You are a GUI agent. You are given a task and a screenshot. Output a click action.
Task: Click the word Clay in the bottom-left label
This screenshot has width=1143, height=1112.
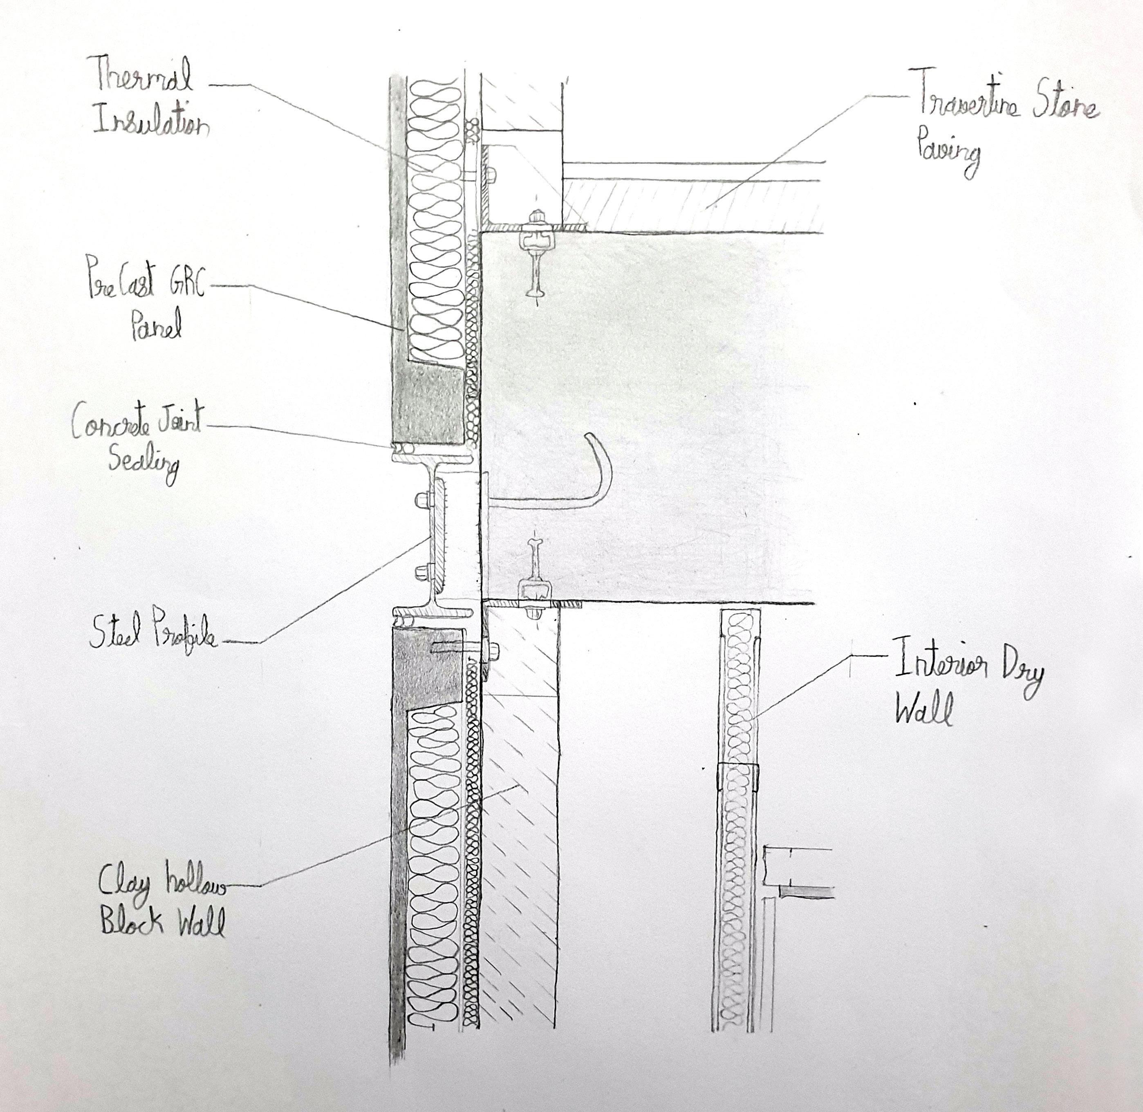(124, 882)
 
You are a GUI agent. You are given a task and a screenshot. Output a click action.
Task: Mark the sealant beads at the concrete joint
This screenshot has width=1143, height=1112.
(402, 448)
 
